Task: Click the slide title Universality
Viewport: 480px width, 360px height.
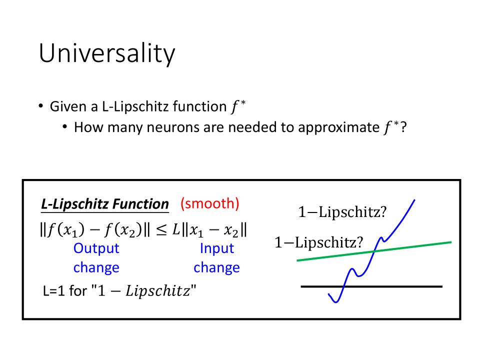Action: pyautogui.click(x=107, y=53)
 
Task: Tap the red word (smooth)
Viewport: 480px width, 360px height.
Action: pyautogui.click(x=209, y=203)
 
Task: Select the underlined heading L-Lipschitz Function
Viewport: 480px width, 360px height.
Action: pyautogui.click(x=104, y=204)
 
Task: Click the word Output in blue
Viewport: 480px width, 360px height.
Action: pyautogui.click(x=96, y=248)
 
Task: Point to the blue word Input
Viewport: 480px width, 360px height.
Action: pyautogui.click(x=216, y=248)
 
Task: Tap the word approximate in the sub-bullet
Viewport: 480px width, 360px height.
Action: pyautogui.click(x=339, y=127)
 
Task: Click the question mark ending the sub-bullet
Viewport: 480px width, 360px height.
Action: pyautogui.click(x=403, y=127)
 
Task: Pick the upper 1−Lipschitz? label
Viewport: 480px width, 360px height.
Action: pyautogui.click(x=342, y=212)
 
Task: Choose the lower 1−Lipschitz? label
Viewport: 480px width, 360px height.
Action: pyautogui.click(x=318, y=242)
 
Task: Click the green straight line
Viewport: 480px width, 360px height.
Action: pyautogui.click(x=374, y=251)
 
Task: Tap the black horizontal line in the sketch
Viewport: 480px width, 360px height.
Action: pyautogui.click(x=371, y=286)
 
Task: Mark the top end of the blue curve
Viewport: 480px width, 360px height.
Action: pyautogui.click(x=414, y=200)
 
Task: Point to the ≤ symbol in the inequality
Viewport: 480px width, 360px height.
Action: pyautogui.click(x=161, y=230)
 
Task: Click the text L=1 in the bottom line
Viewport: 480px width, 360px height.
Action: pyautogui.click(x=54, y=290)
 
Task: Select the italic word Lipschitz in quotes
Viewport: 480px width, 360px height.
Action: pyautogui.click(x=158, y=291)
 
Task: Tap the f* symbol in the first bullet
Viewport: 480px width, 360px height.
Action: pyautogui.click(x=238, y=106)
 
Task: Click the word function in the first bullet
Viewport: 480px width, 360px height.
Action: pyautogui.click(x=199, y=106)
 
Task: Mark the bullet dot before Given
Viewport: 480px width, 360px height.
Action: pyautogui.click(x=40, y=106)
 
